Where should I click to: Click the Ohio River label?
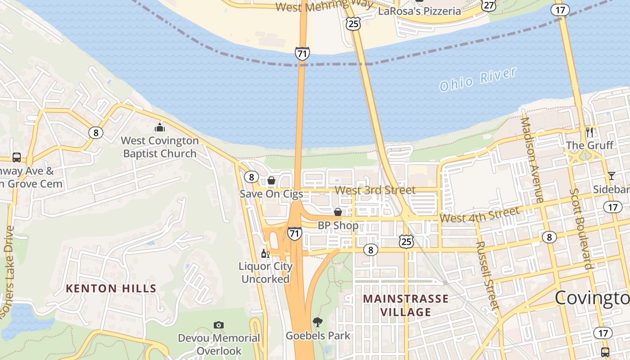[x=477, y=80]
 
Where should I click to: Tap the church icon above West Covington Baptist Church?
[x=159, y=127]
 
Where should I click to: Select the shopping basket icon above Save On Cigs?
[x=271, y=180]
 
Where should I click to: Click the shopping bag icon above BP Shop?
[x=338, y=211]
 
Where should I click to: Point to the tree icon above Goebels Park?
[x=318, y=322]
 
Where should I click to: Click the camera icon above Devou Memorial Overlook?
[x=219, y=325]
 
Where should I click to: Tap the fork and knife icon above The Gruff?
[x=589, y=132]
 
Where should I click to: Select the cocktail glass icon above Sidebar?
[x=611, y=175]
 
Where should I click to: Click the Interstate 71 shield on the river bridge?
[x=302, y=54]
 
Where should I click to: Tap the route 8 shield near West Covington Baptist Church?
[x=95, y=132]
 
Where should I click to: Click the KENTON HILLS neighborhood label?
[x=111, y=288]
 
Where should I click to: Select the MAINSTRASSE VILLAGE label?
[x=405, y=305]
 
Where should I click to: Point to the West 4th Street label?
[x=479, y=215]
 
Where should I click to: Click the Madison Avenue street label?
[x=532, y=159]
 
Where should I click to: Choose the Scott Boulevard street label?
[x=581, y=229]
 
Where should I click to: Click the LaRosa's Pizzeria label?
[x=419, y=11]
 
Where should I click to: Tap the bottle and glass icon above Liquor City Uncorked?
[x=265, y=254]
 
